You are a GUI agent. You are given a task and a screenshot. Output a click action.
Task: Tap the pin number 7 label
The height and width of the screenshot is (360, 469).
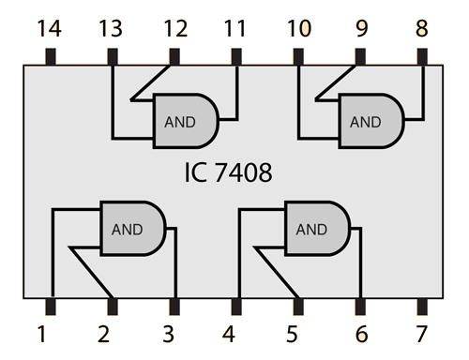421,333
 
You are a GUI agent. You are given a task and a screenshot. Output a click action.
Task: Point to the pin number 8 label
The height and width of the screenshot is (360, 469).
421,30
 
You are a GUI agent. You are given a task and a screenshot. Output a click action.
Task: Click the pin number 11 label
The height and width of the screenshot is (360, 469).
235,30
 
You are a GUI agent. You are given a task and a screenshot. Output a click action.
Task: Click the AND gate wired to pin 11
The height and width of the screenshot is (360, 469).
185,121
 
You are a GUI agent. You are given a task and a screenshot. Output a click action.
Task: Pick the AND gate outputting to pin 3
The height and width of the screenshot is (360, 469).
132,228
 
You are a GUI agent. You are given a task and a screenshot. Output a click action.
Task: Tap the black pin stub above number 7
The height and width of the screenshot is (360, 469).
421,306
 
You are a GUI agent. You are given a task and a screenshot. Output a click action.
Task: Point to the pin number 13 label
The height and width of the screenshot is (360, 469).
112,30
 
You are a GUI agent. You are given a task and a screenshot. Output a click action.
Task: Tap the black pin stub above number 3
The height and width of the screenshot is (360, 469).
174,306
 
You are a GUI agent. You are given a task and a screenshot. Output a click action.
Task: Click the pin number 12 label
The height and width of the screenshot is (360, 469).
174,30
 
